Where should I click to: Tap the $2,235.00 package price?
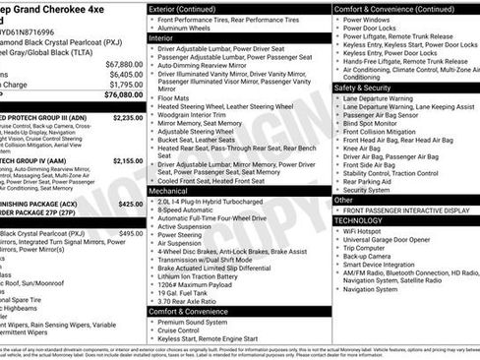[x=127, y=117]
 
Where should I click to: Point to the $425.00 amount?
[x=130, y=204]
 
